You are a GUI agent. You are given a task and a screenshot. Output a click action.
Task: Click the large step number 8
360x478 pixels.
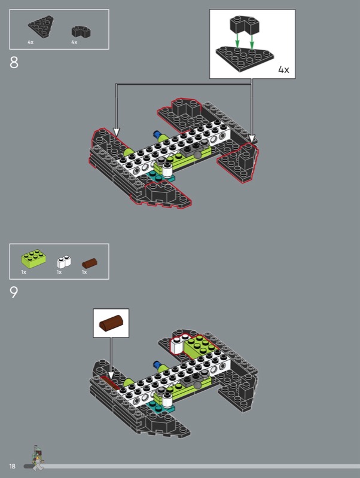point(14,63)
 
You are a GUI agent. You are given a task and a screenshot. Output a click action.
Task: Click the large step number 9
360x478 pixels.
point(14,292)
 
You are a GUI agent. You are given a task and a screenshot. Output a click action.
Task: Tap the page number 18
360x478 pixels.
point(12,466)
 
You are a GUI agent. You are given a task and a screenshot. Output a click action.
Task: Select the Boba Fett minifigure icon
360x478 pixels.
point(38,458)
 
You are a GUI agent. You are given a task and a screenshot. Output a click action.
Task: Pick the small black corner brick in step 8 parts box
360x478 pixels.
point(81,32)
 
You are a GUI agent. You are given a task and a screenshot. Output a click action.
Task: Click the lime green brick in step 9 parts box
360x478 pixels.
point(33,259)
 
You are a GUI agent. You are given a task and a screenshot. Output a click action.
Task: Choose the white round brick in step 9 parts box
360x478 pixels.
point(64,262)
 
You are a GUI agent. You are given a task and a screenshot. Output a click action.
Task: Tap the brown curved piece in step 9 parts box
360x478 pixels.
point(90,263)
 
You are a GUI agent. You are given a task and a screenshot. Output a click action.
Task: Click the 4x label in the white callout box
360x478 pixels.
point(283,70)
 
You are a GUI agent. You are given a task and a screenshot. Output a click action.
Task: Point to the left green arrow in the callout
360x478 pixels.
point(237,41)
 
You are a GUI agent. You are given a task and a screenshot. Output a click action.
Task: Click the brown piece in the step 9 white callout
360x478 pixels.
point(111,323)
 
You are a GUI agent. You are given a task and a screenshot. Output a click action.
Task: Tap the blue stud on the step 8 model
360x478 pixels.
point(157,134)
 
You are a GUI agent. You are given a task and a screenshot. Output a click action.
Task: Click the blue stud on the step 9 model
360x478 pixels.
point(157,364)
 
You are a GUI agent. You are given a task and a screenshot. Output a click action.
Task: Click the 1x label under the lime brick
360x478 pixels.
point(23,272)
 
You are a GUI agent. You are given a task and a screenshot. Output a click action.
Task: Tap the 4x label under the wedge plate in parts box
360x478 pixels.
point(30,42)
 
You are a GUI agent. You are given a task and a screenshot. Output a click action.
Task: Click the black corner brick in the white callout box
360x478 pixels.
point(245,24)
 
